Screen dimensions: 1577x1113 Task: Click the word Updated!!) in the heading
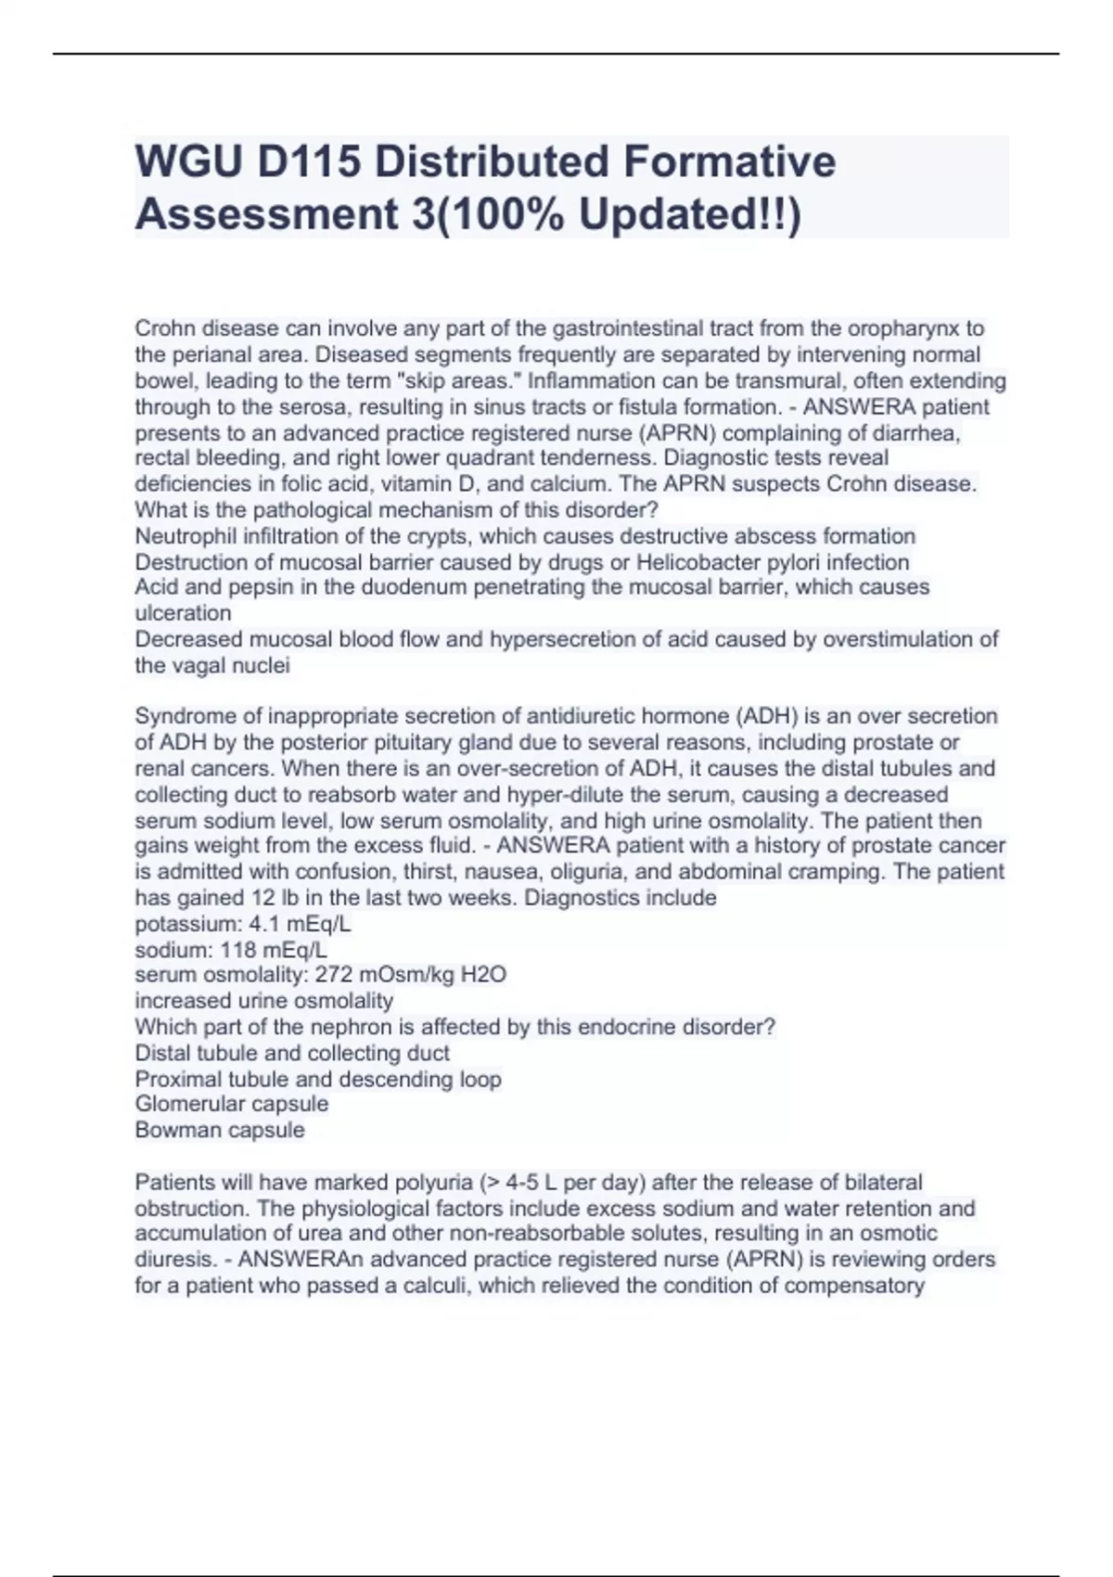tap(689, 214)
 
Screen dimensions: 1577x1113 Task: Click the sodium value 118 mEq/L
tap(274, 950)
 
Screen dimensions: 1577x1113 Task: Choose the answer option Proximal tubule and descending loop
tap(318, 1079)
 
